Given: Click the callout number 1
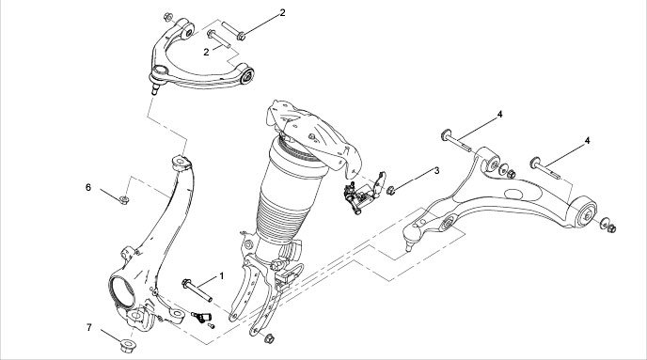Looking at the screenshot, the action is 222,276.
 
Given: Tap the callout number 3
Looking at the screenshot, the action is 436,170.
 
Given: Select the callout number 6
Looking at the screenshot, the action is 88,187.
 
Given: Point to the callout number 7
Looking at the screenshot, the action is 89,327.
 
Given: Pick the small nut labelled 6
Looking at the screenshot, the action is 124,200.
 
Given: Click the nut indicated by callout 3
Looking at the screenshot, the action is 391,190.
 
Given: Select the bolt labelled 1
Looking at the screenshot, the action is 197,290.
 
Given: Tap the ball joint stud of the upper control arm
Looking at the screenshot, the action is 155,87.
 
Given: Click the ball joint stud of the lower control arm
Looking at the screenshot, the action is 409,243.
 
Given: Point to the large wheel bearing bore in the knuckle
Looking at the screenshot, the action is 122,292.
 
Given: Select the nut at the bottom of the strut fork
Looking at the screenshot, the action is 269,338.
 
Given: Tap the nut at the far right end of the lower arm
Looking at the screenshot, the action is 612,228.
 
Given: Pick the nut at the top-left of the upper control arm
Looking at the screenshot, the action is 168,17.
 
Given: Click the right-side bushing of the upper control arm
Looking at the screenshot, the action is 248,75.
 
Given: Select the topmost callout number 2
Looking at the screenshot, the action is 282,13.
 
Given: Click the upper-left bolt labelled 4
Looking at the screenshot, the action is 456,141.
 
